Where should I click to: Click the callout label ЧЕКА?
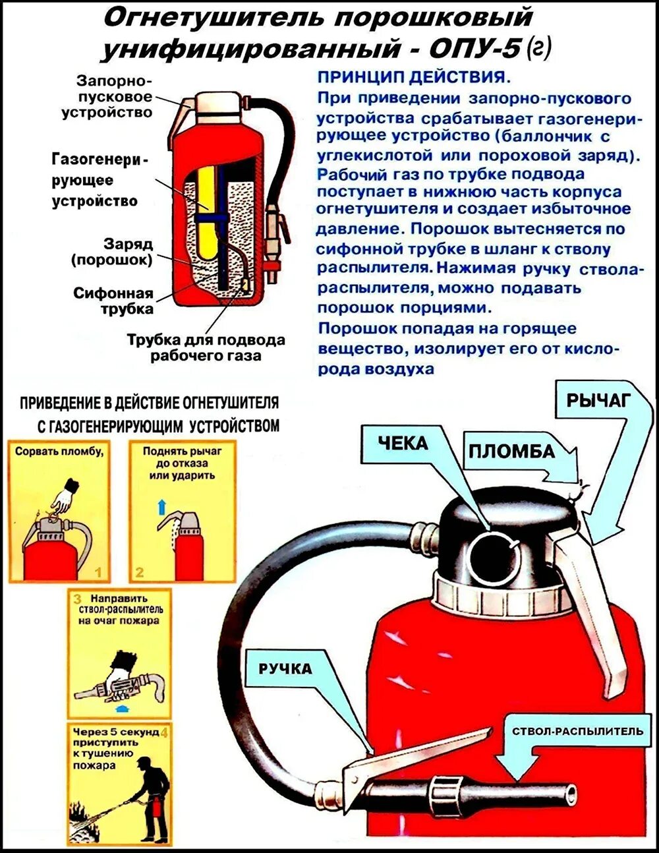(403, 444)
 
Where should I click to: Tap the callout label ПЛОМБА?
(511, 451)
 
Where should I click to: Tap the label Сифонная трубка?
(113, 301)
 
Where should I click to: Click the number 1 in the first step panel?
(98, 571)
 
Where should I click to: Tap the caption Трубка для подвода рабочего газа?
(206, 348)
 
